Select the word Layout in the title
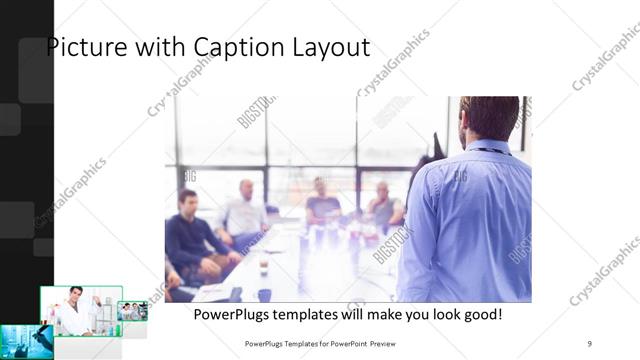point(332,47)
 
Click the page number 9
point(589,343)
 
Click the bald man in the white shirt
point(245,210)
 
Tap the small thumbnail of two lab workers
point(133,311)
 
